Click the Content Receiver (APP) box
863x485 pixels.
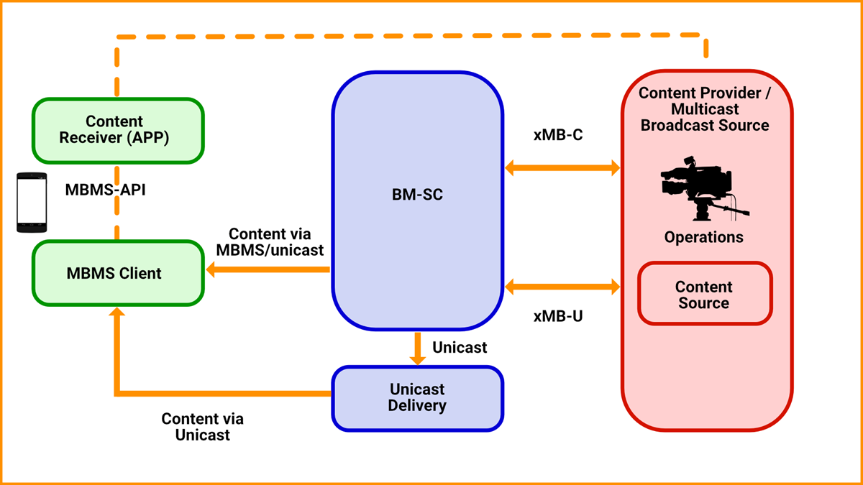coord(118,131)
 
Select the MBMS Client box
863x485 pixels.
coord(118,273)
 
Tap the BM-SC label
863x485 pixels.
coord(417,193)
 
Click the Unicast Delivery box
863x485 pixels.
coord(417,398)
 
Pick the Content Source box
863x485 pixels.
coord(704,294)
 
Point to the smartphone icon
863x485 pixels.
coord(32,203)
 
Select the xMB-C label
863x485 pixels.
coord(558,134)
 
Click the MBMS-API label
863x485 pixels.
coord(105,191)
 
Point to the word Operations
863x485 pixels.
coord(703,237)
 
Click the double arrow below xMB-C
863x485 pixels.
coord(562,168)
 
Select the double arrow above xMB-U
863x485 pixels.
coord(562,287)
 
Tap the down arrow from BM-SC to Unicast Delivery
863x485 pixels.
coord(417,348)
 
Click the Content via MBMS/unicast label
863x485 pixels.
coord(270,242)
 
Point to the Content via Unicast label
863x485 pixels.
coord(202,427)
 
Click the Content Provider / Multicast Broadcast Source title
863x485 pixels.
coord(704,109)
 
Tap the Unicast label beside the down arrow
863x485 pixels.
coord(460,348)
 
